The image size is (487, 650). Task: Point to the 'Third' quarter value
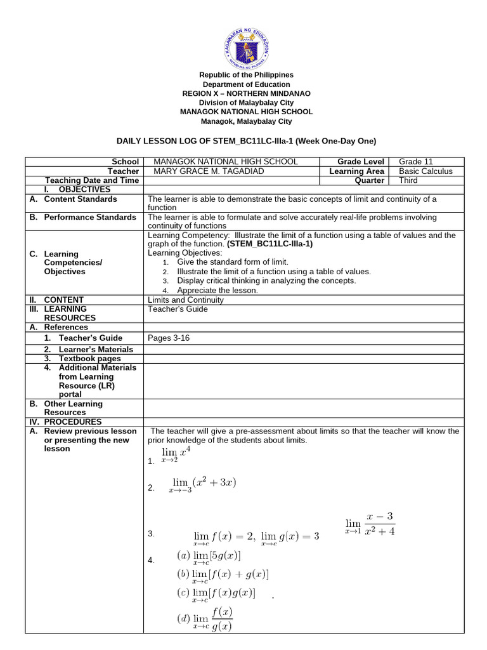(409, 180)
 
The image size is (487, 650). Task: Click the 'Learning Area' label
(356, 171)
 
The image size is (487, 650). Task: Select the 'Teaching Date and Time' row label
(92, 180)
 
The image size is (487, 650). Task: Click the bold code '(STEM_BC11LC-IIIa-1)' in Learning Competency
(270, 244)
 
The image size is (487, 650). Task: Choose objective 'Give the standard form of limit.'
(233, 262)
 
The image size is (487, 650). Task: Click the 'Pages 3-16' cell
(169, 338)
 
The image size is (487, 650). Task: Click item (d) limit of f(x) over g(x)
(204, 619)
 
